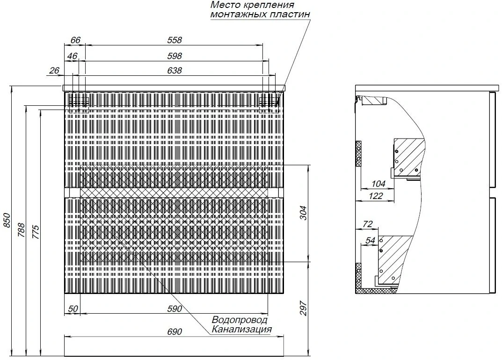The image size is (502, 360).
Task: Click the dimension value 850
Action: [7, 220]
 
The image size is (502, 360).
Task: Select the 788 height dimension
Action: [21, 230]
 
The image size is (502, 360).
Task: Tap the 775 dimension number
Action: [36, 232]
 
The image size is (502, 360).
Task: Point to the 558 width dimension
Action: [175, 40]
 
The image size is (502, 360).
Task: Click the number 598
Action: [175, 56]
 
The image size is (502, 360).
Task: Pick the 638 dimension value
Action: [175, 71]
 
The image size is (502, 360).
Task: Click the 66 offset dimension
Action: [75, 40]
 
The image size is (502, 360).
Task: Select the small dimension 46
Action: [73, 56]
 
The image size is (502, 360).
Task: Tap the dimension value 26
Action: [55, 71]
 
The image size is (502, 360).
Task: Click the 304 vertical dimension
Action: [304, 213]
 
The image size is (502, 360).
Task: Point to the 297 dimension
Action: [304, 309]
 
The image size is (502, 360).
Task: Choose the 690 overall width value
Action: [175, 332]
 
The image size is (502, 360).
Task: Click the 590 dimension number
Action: [175, 309]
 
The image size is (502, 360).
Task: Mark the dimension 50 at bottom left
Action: [73, 309]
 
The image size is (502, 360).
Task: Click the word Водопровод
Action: [240, 320]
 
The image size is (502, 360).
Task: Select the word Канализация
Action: [242, 329]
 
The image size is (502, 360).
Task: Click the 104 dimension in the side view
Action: [378, 184]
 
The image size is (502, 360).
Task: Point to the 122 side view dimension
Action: [376, 196]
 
